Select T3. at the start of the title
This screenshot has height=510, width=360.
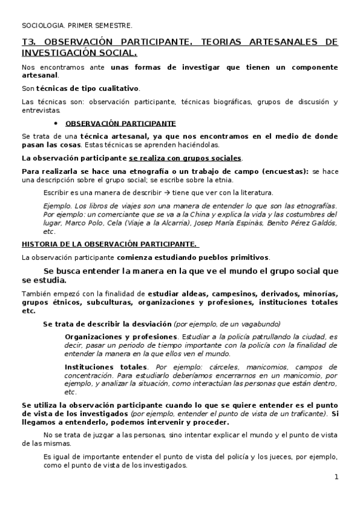click(x=29, y=42)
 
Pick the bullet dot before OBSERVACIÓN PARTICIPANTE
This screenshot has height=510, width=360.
click(x=56, y=123)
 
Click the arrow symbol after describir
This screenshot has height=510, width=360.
click(x=153, y=193)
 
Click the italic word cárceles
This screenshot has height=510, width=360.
click(x=219, y=366)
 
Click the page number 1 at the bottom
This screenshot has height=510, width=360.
click(x=337, y=477)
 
